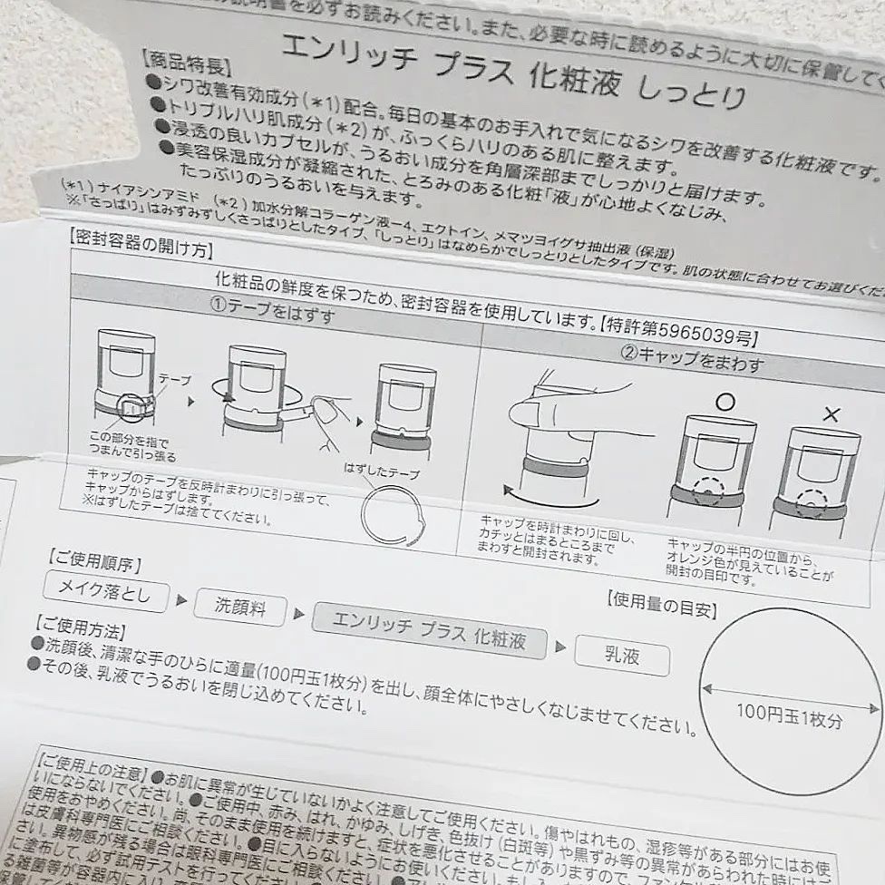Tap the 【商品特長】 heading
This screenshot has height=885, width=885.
tap(186, 66)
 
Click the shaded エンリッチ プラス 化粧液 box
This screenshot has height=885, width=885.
tap(430, 628)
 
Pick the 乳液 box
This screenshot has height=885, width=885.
tap(623, 654)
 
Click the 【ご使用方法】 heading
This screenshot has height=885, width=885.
tap(80, 626)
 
